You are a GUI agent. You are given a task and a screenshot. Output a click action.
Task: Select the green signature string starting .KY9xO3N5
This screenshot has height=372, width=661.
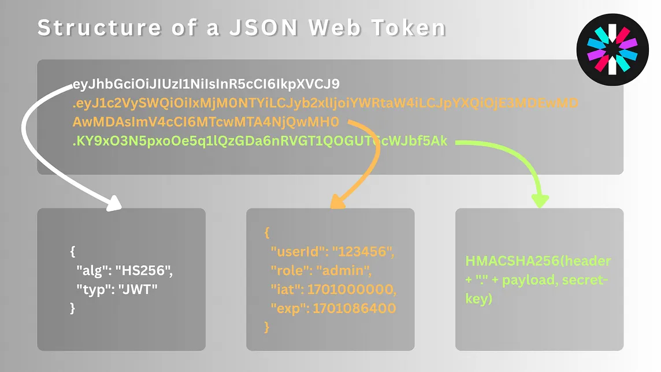(x=259, y=140)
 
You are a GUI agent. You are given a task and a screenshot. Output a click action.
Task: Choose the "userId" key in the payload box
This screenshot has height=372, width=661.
(x=292, y=252)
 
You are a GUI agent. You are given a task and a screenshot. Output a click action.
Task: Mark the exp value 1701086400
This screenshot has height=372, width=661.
(x=354, y=308)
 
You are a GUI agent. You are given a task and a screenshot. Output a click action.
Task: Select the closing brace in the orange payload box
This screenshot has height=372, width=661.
(x=267, y=327)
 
